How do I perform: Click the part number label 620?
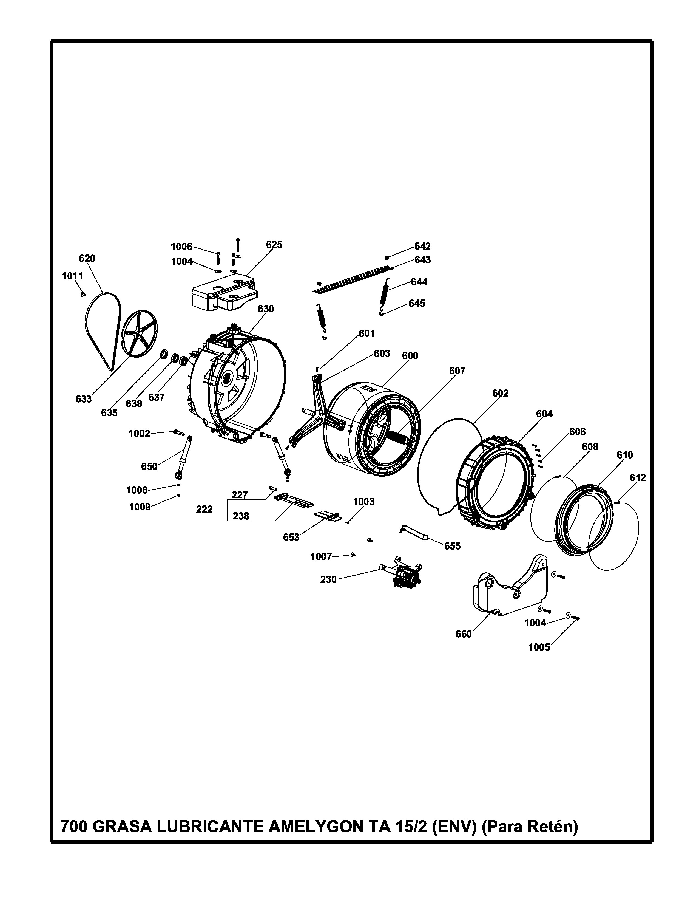point(87,259)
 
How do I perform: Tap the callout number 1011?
point(72,276)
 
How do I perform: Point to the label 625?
point(274,245)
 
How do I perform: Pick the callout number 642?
point(422,246)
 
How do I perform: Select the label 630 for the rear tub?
point(266,309)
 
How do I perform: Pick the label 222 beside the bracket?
point(204,509)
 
